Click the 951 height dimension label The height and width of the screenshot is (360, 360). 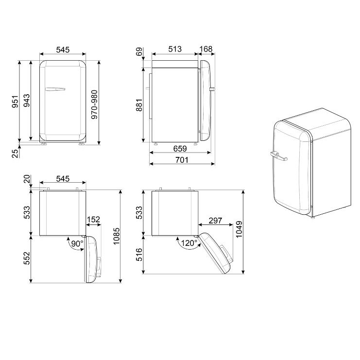(x=15, y=102)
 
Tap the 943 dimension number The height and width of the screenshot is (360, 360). (x=27, y=101)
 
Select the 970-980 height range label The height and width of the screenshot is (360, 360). (x=94, y=104)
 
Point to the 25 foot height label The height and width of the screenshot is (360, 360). (x=15, y=153)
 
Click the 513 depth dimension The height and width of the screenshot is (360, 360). (x=175, y=49)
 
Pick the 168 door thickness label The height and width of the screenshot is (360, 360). (x=206, y=49)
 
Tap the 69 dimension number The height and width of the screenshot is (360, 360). (x=139, y=51)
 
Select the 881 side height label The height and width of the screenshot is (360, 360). (x=139, y=105)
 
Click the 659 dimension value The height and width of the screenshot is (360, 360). (x=180, y=149)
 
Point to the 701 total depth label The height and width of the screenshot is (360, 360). (x=182, y=160)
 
